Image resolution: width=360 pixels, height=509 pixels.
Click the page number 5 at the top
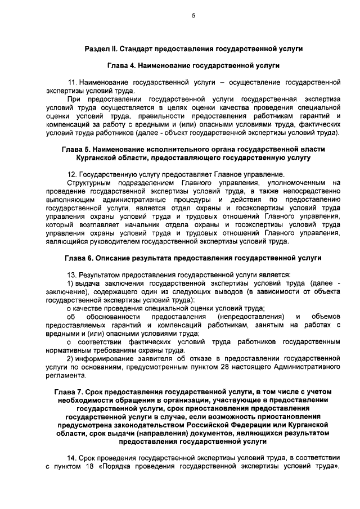193,16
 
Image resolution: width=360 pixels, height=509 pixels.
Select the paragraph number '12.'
72,175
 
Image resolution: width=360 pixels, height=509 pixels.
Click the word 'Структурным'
88,183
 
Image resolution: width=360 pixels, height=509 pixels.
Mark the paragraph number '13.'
72,274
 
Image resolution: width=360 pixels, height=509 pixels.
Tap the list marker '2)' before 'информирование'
71,358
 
